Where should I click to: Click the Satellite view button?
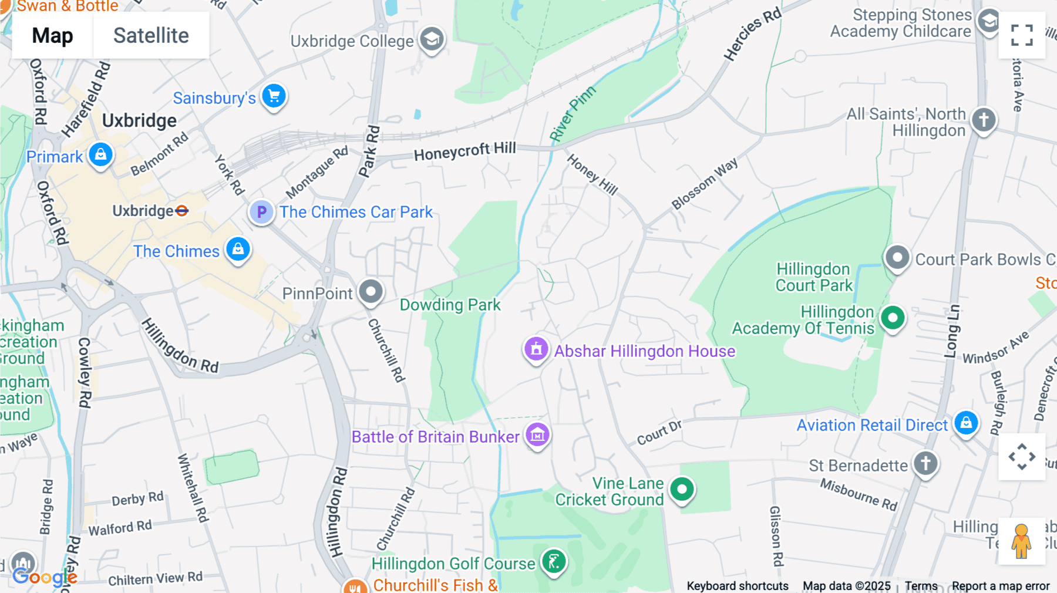151,35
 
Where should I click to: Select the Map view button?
52,35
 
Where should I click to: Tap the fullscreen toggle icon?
1022,35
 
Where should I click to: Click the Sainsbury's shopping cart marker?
274,96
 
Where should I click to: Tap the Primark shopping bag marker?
100,155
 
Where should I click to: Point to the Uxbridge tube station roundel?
182,211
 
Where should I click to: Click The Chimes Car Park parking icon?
261,212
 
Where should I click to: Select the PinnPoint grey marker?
371,291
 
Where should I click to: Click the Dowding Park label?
450,305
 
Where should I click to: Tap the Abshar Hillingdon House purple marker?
536,350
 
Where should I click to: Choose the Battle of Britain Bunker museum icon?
537,436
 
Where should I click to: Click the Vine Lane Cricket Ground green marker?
681,489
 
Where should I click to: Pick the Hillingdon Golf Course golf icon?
553,562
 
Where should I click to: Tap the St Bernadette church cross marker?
925,464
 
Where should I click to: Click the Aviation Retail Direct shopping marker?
965,423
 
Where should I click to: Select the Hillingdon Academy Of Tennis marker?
893,318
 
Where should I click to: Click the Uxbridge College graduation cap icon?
432,40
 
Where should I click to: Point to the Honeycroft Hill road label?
464,151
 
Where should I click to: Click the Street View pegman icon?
1021,541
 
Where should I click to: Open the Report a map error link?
1000,586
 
